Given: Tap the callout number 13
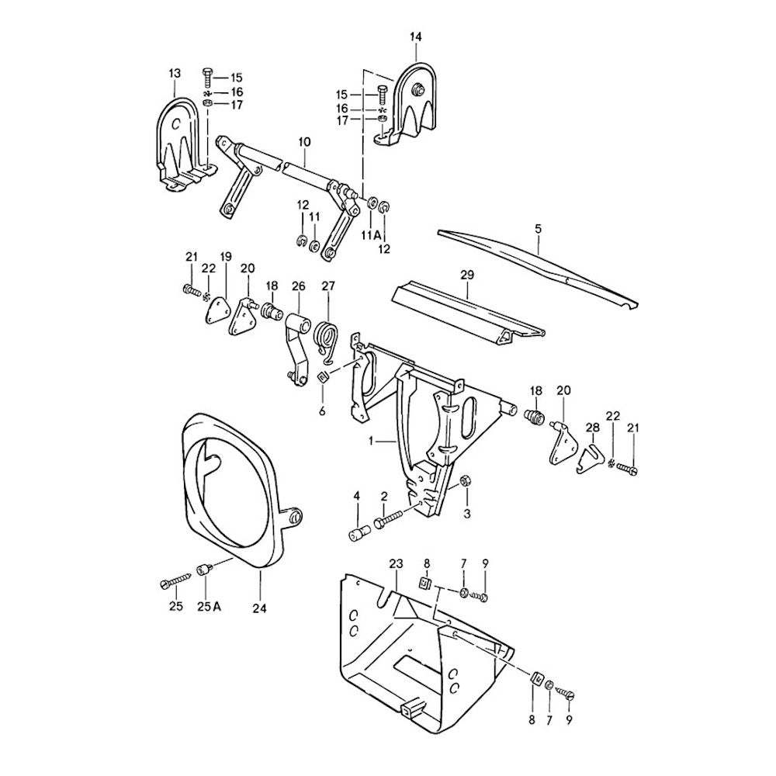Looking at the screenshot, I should pos(174,73).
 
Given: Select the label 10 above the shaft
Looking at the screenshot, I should pos(304,142).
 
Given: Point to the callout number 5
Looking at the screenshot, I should pos(538,229).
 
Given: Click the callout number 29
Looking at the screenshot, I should pos(467,275).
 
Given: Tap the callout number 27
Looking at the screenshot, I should pos(327,286).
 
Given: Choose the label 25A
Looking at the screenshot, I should pos(206,606).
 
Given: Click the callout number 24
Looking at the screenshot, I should pos(259,609).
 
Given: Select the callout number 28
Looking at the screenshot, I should pos(593,428).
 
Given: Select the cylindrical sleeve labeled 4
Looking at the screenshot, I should pos(358,535).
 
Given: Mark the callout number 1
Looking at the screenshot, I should pos(373,441).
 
